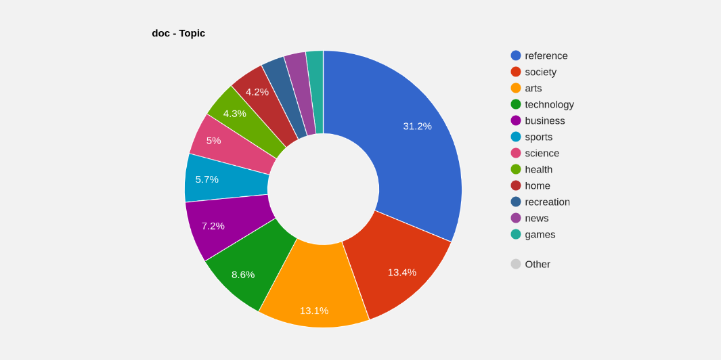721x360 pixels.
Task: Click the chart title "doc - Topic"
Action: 178,33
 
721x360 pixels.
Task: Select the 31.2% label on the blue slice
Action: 417,126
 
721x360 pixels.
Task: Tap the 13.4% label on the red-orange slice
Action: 401,272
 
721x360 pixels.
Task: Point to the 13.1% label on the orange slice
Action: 314,311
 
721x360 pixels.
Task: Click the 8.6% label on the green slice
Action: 243,274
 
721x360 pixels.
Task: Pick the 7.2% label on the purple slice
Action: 213,225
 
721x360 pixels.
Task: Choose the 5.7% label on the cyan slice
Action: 206,179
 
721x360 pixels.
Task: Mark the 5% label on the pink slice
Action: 213,140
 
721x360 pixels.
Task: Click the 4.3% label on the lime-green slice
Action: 234,113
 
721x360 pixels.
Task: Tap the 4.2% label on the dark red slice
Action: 257,91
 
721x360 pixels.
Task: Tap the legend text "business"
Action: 544,120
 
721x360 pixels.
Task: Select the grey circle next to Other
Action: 516,264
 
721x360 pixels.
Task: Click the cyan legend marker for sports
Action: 516,137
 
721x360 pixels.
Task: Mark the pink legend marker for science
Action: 516,153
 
